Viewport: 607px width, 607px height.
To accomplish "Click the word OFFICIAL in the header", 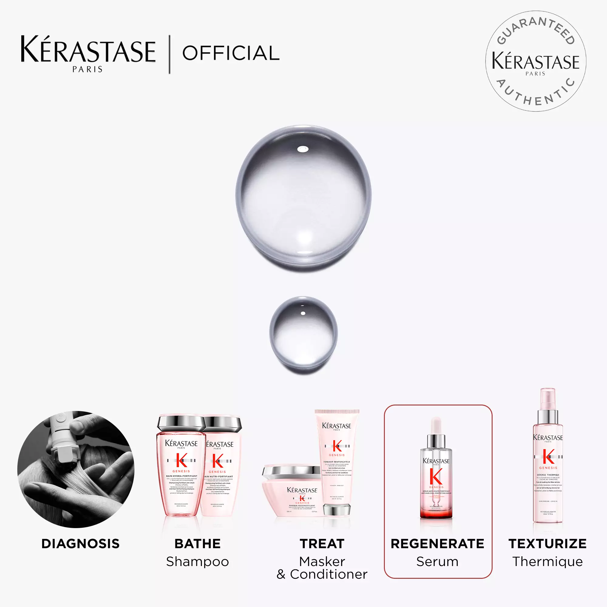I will (231, 53).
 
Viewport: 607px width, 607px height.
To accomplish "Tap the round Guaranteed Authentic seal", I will (535, 61).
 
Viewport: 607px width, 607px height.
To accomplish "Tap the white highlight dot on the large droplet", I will (302, 149).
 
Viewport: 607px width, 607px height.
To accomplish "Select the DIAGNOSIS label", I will (80, 544).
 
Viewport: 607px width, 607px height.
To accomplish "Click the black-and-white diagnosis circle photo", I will (76, 470).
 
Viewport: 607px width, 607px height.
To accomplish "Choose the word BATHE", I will (197, 544).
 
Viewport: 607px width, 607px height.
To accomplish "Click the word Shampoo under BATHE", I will (197, 561).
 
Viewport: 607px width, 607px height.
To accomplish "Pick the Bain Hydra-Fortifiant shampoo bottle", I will (181, 468).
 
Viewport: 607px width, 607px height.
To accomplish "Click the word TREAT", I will (322, 544).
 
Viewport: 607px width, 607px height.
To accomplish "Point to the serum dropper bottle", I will (436, 474).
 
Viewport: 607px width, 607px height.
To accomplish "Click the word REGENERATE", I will (437, 544).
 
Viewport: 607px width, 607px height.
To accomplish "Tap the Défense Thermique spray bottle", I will (548, 462).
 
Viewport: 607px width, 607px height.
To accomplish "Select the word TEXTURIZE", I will (547, 544).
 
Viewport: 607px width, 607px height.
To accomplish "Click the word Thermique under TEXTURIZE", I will (547, 561).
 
